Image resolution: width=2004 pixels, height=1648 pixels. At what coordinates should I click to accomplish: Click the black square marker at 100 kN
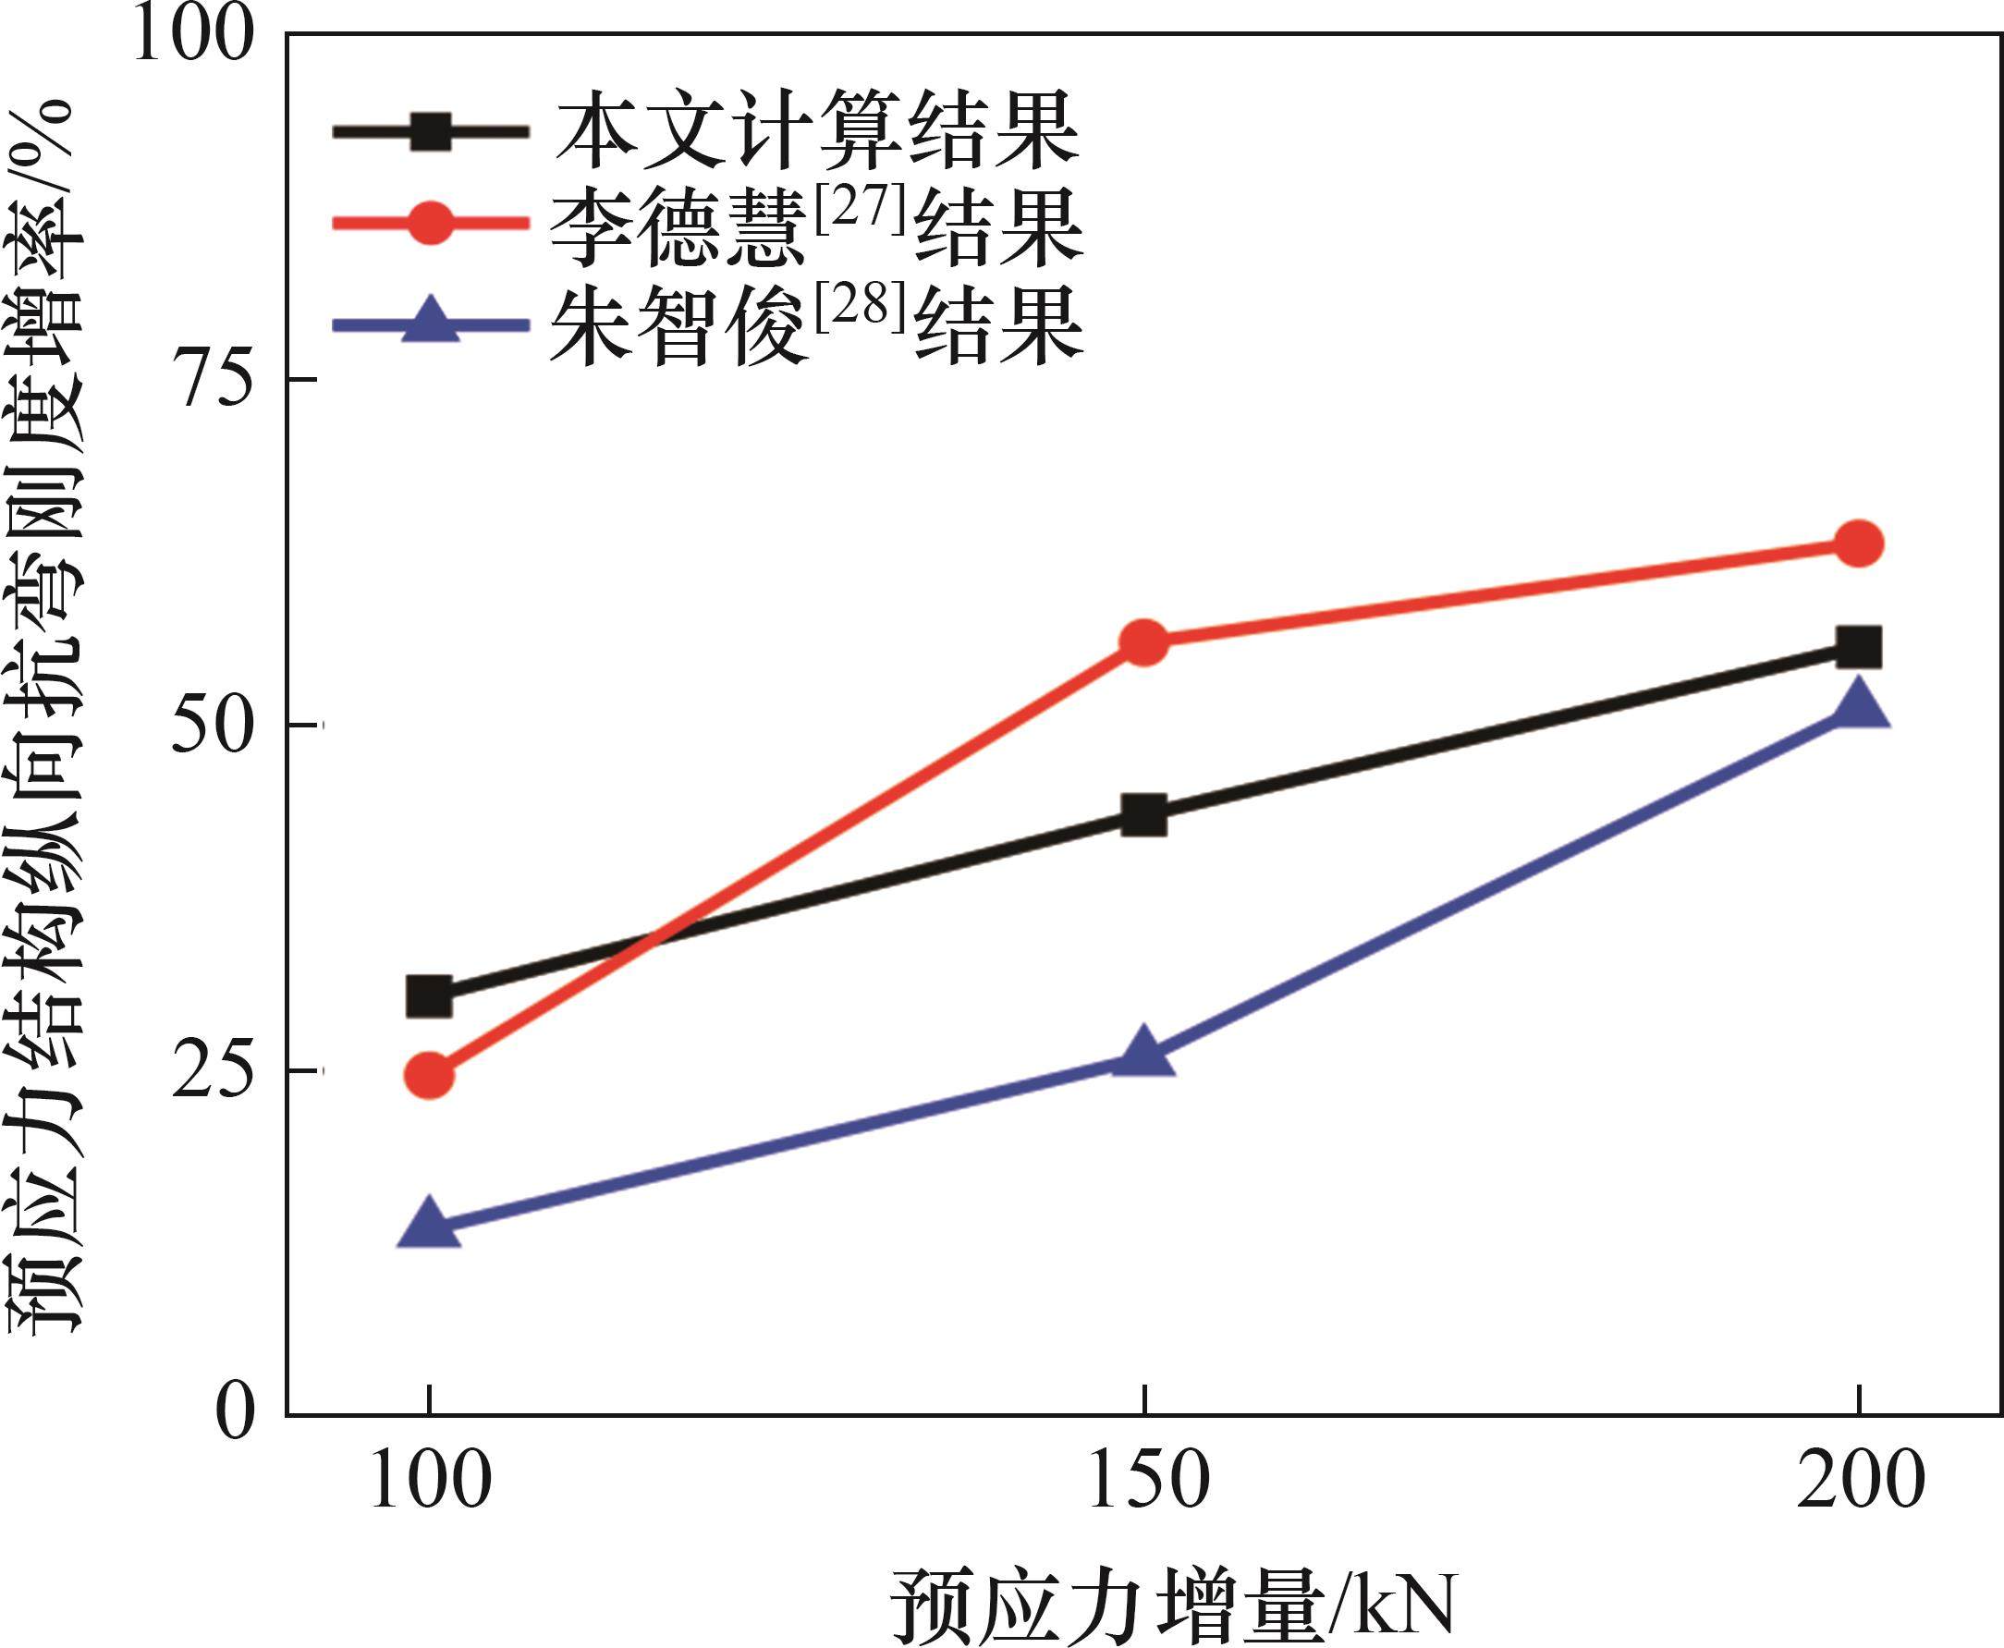coord(429,996)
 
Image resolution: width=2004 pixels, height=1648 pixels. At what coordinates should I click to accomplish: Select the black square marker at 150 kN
coord(1144,815)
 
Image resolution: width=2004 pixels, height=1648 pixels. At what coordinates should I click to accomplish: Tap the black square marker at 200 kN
coord(1859,647)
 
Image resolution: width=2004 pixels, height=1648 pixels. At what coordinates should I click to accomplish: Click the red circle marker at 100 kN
coord(429,1075)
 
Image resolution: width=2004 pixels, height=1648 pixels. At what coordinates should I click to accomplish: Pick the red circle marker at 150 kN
coord(1144,642)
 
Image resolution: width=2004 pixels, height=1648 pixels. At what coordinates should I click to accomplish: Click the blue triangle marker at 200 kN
coord(1859,706)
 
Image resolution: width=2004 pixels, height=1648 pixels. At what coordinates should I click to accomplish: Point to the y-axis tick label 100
coord(195,36)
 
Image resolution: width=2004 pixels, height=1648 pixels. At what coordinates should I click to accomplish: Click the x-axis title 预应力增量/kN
coord(1173,1607)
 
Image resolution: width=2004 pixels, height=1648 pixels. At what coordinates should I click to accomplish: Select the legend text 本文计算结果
coord(817,132)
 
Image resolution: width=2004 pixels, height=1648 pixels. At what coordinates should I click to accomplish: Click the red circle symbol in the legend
coord(430,222)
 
